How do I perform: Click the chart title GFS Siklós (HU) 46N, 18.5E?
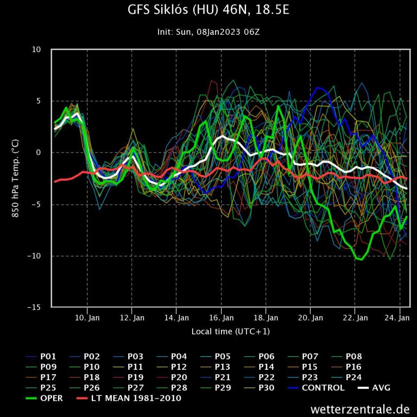click(x=208, y=11)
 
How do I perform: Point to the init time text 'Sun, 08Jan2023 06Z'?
click(x=217, y=32)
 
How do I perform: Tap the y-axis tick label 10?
click(x=36, y=49)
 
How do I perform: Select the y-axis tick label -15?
click(x=35, y=307)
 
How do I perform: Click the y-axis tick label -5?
click(x=36, y=205)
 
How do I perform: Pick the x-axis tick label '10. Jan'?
click(x=87, y=318)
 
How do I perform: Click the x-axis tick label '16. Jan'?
click(x=221, y=318)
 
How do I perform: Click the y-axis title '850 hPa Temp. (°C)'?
click(x=16, y=178)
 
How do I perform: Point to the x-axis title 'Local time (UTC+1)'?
click(x=230, y=331)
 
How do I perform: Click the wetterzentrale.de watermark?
click(x=360, y=408)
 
